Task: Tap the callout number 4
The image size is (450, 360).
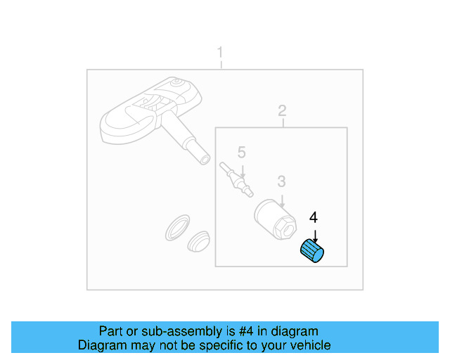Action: pos(314,217)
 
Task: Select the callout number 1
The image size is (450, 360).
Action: pos(220,53)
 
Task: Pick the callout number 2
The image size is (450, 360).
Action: pos(282,111)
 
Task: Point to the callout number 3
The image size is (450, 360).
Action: pos(281,181)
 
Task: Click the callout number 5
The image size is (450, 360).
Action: pos(241,152)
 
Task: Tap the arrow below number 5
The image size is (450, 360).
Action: pos(242,170)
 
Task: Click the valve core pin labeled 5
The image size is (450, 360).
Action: pos(236,179)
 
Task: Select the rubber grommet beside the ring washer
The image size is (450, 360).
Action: pos(200,240)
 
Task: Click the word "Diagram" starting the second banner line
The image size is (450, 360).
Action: pos(101,345)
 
